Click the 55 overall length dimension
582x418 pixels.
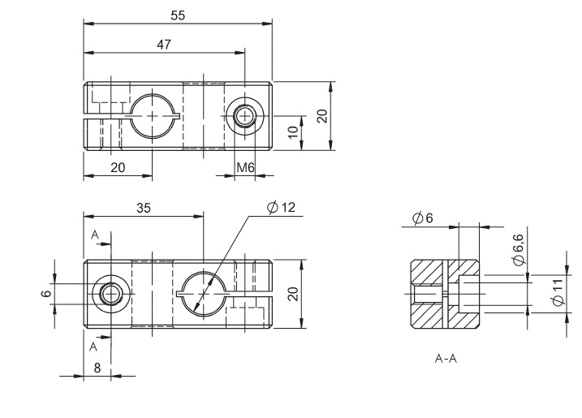click(x=178, y=15)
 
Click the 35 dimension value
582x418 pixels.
click(x=144, y=209)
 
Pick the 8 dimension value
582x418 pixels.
click(x=97, y=368)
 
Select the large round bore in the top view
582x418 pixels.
click(x=153, y=116)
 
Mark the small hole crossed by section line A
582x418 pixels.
click(x=109, y=293)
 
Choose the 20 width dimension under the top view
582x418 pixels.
click(x=118, y=167)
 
